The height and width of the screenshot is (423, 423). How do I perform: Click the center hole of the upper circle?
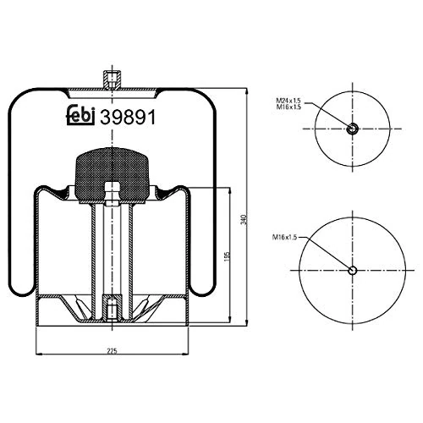[x=352, y=129]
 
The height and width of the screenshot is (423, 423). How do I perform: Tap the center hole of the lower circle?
[x=353, y=271]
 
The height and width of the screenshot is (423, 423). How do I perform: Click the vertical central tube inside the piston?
[x=110, y=245]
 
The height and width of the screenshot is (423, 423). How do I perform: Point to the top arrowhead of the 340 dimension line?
[x=244, y=88]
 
